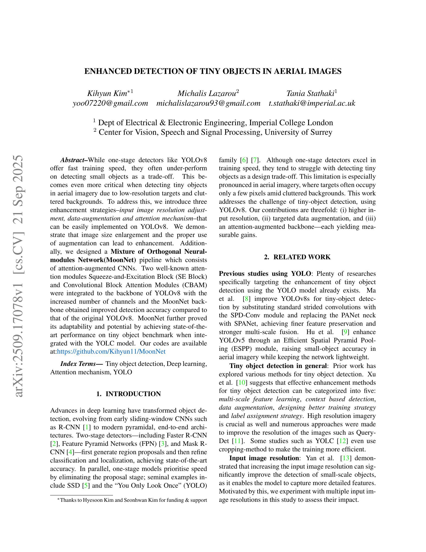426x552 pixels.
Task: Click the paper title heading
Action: coord(213,71)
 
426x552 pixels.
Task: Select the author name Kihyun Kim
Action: coord(107,94)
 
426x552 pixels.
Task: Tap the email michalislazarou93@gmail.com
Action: coord(208,103)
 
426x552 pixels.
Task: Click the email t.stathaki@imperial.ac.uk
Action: coord(312,103)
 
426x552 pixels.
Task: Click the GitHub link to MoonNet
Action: coord(111,352)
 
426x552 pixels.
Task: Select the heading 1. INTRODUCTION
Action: coord(129,394)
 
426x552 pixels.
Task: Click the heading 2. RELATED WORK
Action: coord(297,257)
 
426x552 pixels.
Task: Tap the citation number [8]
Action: coord(246,299)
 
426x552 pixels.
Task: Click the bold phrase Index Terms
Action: coord(81,364)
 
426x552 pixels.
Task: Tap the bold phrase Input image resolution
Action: coord(264,458)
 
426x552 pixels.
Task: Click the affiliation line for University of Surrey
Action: coord(213,132)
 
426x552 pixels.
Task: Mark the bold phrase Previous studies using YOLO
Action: coord(265,274)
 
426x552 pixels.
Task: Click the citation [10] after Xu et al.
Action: coord(242,382)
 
